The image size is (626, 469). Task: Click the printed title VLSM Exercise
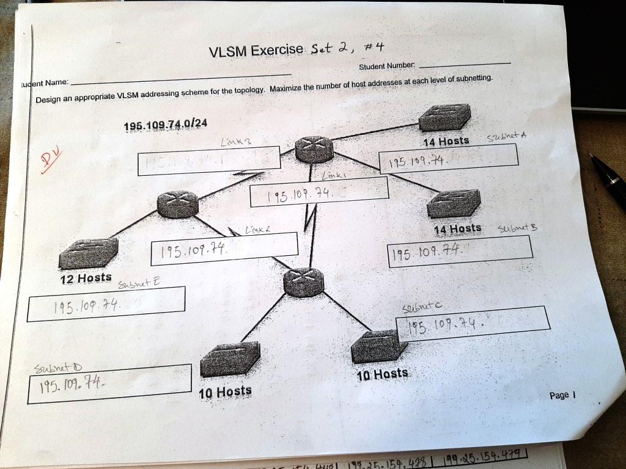click(256, 50)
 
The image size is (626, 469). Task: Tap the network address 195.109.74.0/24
click(165, 125)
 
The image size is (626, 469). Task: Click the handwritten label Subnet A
click(507, 137)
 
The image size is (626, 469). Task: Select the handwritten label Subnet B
click(517, 228)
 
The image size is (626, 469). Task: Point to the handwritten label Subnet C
click(422, 306)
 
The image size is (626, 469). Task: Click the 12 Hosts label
click(86, 278)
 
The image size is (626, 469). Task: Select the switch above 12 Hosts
click(88, 253)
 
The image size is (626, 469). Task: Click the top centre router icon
click(314, 149)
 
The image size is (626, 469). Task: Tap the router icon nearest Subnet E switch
click(177, 204)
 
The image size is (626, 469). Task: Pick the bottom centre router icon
click(303, 283)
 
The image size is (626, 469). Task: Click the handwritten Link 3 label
click(236, 142)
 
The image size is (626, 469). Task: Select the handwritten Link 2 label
click(257, 230)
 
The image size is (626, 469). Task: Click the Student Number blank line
click(465, 64)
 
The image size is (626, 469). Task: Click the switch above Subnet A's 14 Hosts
click(445, 117)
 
